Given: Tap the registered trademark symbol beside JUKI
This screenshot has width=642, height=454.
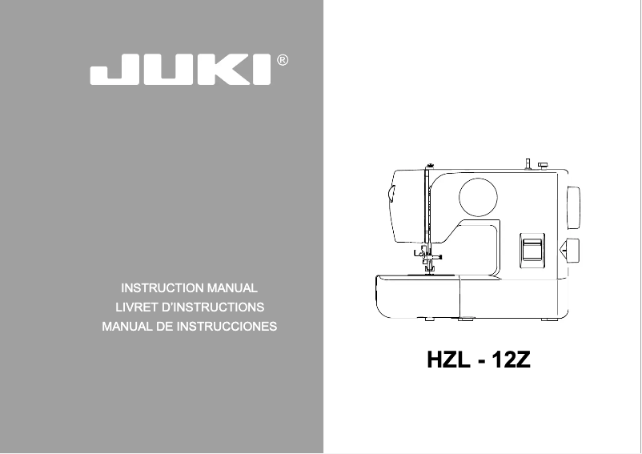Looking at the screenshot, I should click(x=282, y=60).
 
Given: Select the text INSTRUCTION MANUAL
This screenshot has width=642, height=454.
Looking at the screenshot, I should click(x=189, y=287).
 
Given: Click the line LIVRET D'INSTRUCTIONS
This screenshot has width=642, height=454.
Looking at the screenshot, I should click(x=190, y=307).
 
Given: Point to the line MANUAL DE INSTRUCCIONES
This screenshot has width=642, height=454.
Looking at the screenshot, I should click(x=190, y=327).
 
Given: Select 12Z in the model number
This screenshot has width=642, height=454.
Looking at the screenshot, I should click(x=512, y=360).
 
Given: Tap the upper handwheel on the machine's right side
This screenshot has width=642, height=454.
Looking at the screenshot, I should click(x=573, y=206).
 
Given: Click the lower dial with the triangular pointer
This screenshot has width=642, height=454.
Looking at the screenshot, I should click(x=572, y=251).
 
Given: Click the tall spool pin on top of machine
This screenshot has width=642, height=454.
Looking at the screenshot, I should click(x=528, y=164).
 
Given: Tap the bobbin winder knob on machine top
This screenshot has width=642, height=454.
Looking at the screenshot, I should click(x=543, y=165).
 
